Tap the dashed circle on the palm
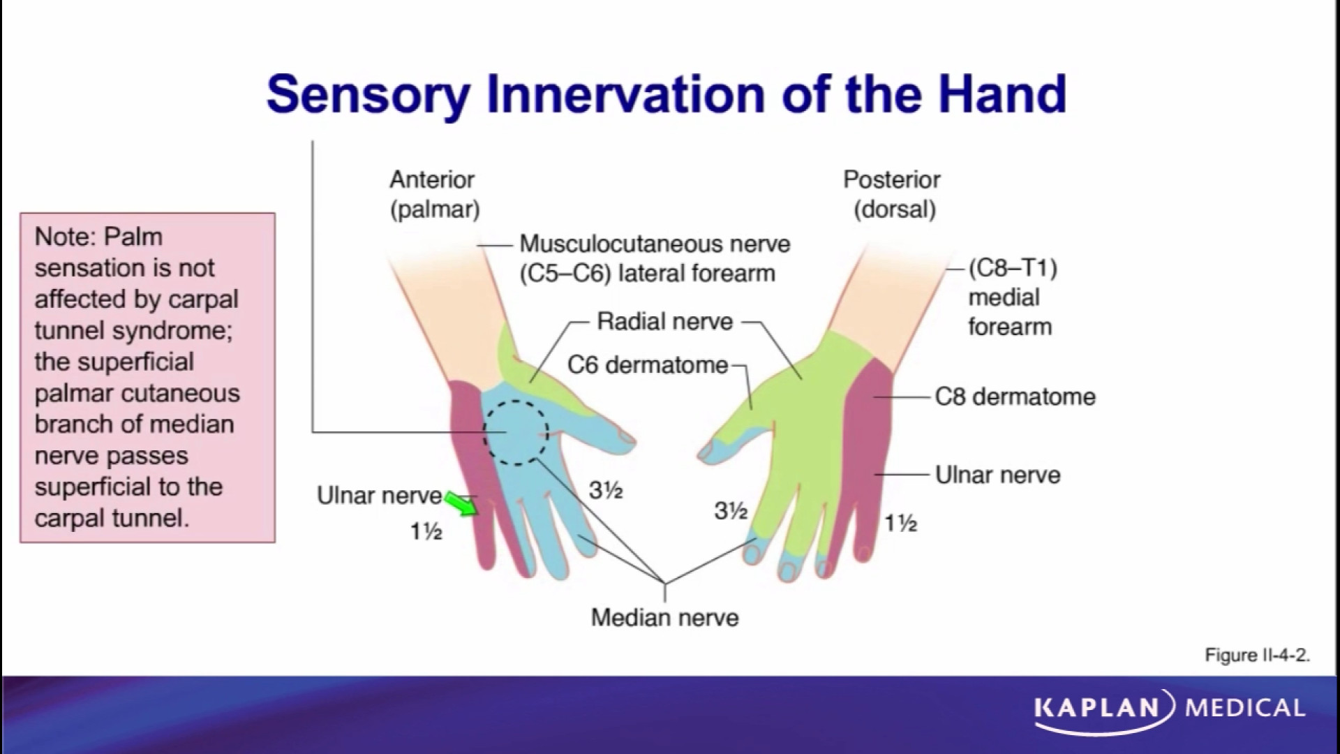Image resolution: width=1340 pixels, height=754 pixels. [516, 433]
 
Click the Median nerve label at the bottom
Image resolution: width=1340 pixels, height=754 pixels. [664, 618]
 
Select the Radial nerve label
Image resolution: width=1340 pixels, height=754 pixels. [664, 322]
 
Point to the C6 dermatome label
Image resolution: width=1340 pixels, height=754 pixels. [647, 365]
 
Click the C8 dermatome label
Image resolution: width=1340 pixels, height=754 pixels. [1015, 397]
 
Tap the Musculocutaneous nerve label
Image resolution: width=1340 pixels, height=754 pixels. [654, 244]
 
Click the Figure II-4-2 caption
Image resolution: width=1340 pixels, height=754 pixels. [1257, 656]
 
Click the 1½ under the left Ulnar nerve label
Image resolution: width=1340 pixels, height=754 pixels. [426, 533]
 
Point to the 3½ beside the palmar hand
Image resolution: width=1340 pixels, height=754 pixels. [605, 491]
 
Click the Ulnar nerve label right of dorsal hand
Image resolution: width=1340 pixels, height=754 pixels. [997, 475]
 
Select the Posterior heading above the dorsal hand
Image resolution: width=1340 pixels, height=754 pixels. [891, 180]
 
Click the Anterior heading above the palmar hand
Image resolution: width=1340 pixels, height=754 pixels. [432, 180]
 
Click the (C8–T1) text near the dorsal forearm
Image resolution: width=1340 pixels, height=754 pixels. [1013, 268]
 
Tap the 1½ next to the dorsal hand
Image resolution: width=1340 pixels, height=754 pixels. [900, 523]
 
